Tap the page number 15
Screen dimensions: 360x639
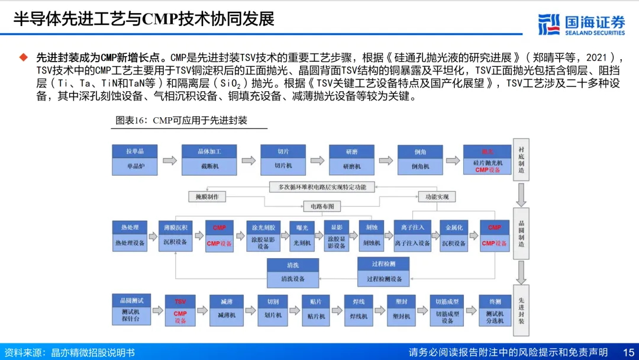[628, 352]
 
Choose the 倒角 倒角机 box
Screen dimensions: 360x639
[420, 159]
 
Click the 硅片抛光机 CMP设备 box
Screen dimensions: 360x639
[487, 159]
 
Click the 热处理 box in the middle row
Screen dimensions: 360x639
[130, 235]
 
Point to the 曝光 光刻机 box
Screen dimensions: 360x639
[302, 235]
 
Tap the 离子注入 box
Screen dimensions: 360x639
[412, 235]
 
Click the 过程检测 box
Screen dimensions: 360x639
[383, 272]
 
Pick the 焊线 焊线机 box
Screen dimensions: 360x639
[359, 309]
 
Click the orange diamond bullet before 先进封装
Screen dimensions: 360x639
[24, 57]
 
